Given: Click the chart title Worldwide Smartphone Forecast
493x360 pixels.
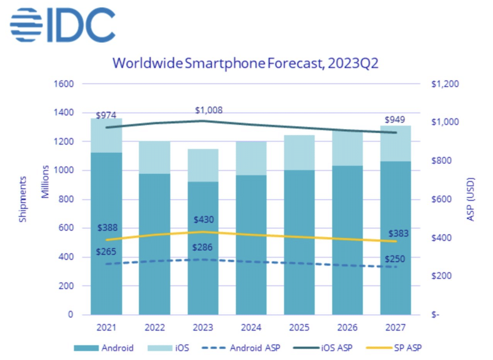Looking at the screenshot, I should tap(245, 64).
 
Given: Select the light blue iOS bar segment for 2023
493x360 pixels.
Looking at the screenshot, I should tap(203, 165).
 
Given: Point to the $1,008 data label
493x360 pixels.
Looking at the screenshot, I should tap(209, 110).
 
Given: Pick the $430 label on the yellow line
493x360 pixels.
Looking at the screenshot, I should tap(204, 220).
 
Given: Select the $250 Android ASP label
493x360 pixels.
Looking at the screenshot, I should tap(395, 259).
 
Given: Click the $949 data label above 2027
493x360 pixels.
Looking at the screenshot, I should tap(394, 120).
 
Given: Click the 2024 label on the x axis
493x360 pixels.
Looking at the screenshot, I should tap(251, 328).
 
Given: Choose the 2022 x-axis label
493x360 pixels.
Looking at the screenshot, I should tap(155, 328).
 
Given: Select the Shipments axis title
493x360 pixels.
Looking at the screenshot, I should tap(23, 199).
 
